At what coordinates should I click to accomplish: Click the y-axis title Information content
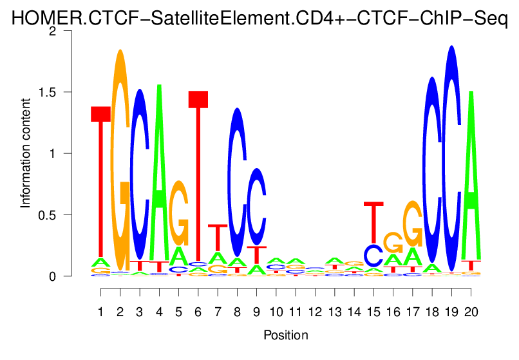26,153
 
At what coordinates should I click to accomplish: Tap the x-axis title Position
285,336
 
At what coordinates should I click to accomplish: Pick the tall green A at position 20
471,174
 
